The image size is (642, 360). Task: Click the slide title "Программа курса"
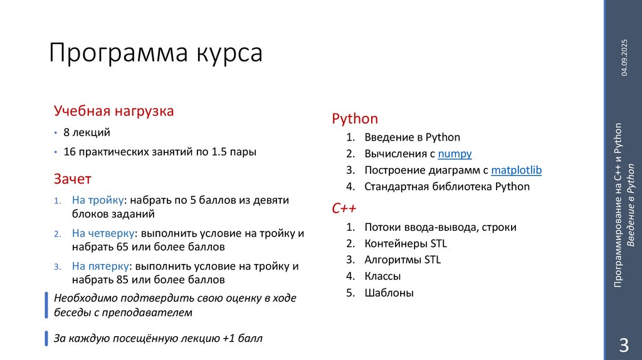pyautogui.click(x=156, y=53)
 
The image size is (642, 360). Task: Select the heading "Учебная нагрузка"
pyautogui.click(x=113, y=111)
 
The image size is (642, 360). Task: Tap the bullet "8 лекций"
pyautogui.click(x=87, y=132)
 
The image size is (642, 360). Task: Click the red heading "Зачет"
pyautogui.click(x=73, y=179)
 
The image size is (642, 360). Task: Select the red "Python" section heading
pyautogui.click(x=355, y=119)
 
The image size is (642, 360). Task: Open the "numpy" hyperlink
pyautogui.click(x=455, y=154)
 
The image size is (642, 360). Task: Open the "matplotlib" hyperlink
pyautogui.click(x=517, y=170)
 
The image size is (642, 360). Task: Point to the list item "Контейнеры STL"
pyautogui.click(x=405, y=243)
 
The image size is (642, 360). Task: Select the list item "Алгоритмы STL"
pyautogui.click(x=403, y=260)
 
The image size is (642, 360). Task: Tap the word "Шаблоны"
pyautogui.click(x=389, y=292)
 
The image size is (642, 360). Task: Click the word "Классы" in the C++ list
pyautogui.click(x=382, y=276)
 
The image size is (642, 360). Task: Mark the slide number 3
pyautogui.click(x=624, y=344)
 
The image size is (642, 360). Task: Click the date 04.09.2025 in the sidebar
pyautogui.click(x=624, y=66)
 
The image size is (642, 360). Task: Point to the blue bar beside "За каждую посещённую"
pyautogui.click(x=46, y=338)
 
